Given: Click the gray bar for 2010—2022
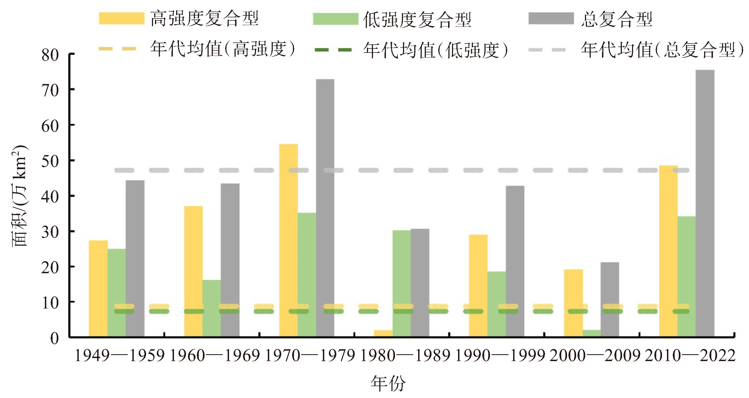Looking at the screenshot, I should click(x=705, y=204).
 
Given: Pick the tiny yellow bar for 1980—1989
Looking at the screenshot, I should click(x=383, y=334).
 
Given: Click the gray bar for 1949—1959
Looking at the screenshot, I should click(x=135, y=259).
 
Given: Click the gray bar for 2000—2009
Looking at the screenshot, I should click(x=610, y=300).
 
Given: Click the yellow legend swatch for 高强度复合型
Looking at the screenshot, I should click(x=122, y=18).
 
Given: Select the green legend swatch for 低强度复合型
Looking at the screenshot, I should click(x=336, y=19).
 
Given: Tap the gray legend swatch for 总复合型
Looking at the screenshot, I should click(x=551, y=18).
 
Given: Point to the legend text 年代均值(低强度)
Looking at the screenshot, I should click(x=435, y=50).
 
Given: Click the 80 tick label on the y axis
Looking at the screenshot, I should click(x=50, y=55).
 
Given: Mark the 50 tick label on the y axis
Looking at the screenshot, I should click(x=50, y=161).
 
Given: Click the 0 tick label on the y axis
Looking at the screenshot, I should click(x=55, y=338).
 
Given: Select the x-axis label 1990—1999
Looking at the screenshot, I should click(x=500, y=356).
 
